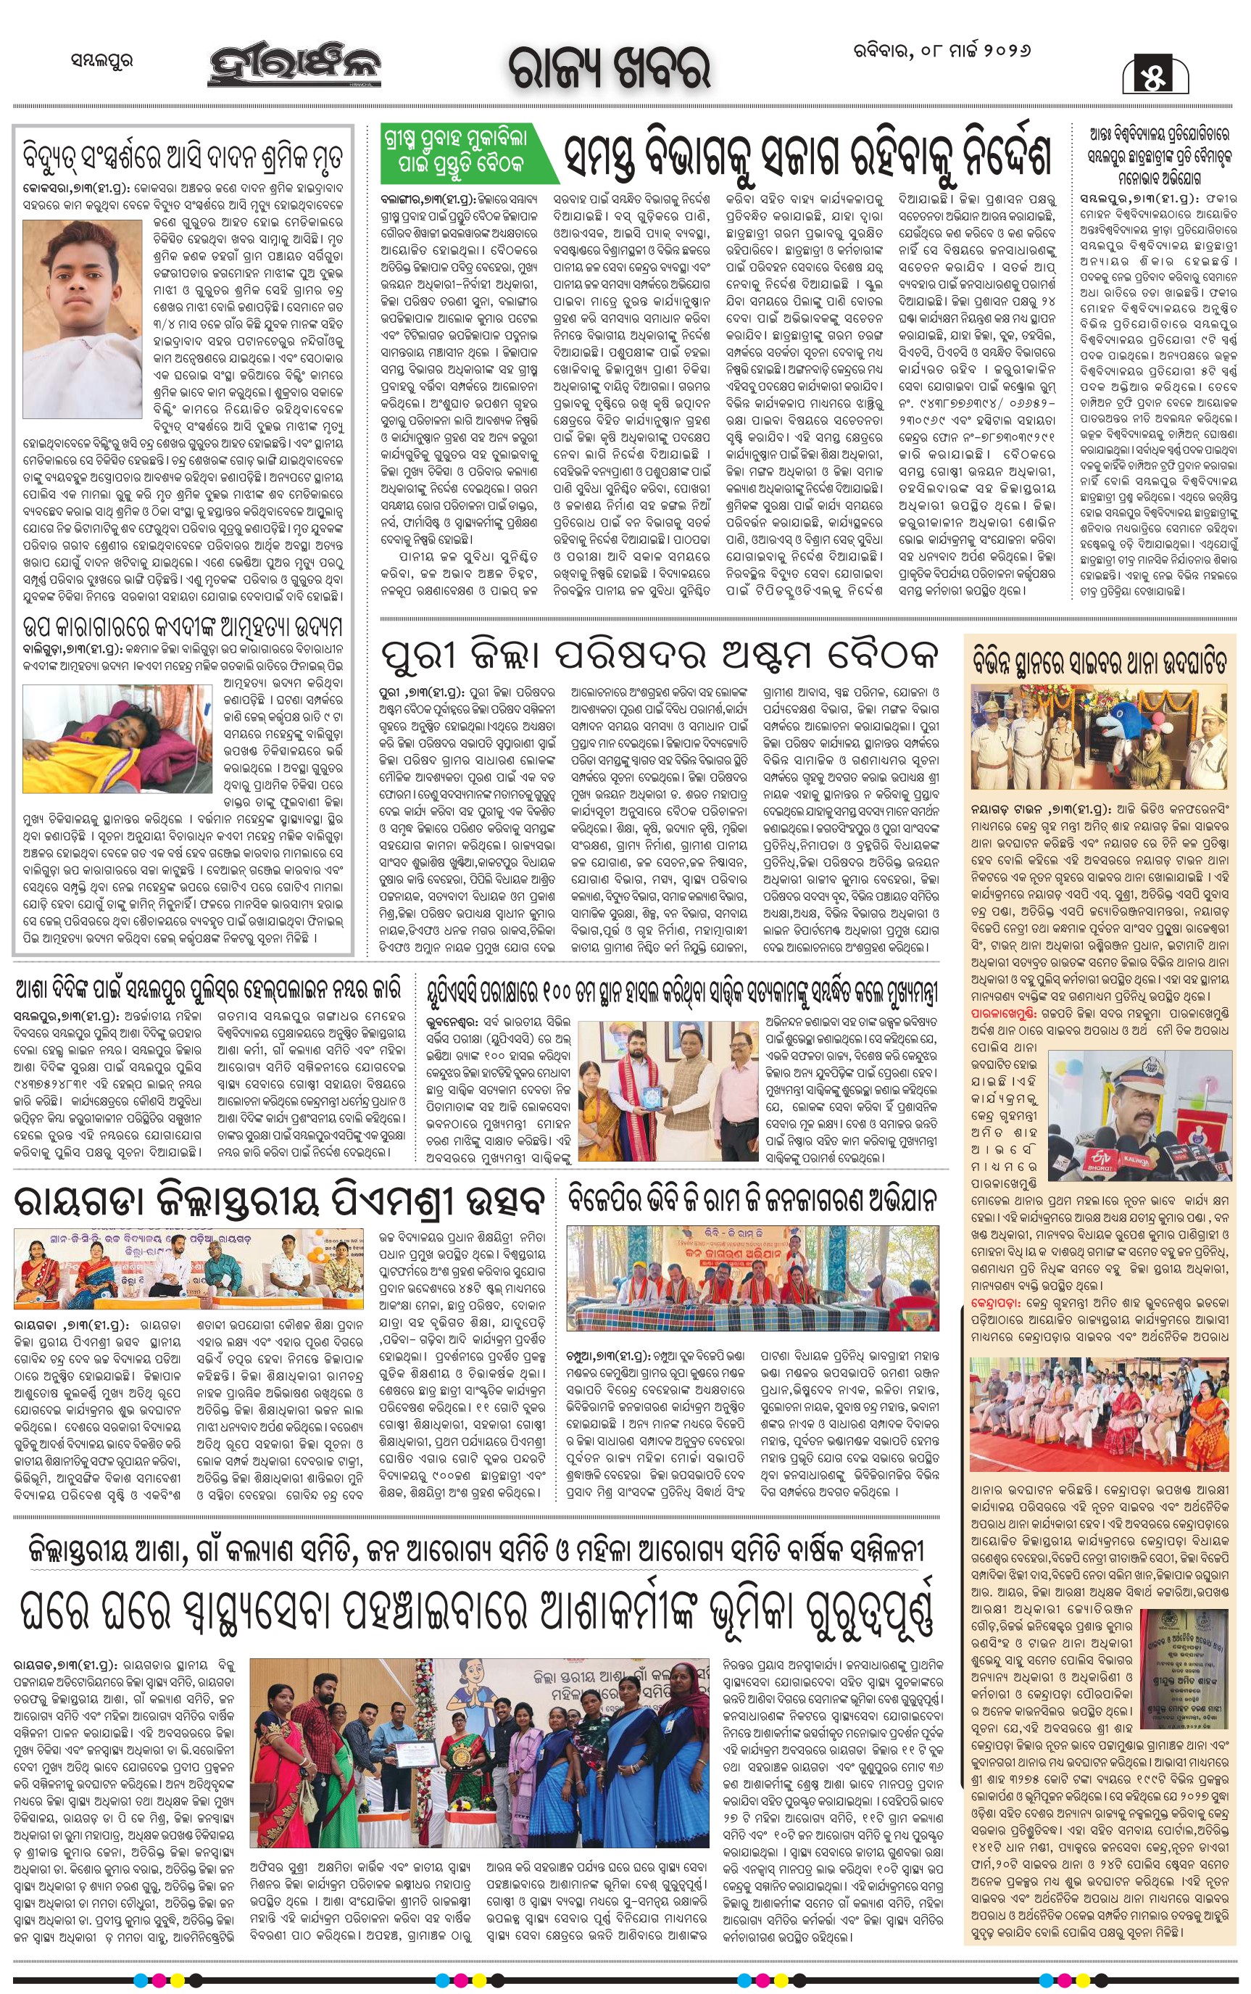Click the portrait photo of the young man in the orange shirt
click(82, 318)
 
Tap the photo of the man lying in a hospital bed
click(117, 737)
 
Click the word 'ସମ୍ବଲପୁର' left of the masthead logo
click(101, 60)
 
